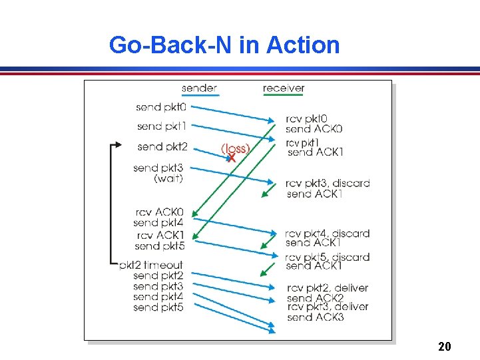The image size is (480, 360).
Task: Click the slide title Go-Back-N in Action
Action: (x=224, y=45)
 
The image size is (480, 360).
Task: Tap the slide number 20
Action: (x=445, y=347)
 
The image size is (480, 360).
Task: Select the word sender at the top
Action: (x=199, y=88)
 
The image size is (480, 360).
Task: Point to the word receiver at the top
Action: (x=284, y=88)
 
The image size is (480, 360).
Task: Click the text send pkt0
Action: (x=161, y=106)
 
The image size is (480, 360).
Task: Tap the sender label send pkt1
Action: (x=161, y=126)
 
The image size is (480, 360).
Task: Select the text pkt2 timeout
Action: (x=151, y=265)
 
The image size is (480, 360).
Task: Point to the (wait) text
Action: (x=168, y=178)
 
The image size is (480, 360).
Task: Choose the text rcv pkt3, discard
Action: (x=328, y=183)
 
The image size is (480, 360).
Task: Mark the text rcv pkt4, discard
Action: (x=328, y=234)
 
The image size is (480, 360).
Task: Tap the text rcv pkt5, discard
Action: (x=328, y=257)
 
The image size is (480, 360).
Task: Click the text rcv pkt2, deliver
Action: (x=328, y=287)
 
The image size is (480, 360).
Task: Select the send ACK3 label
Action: (x=316, y=317)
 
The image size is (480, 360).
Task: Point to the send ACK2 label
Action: (x=316, y=297)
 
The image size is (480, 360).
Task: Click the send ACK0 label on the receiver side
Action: (x=314, y=128)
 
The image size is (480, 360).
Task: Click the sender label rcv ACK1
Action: (x=160, y=235)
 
